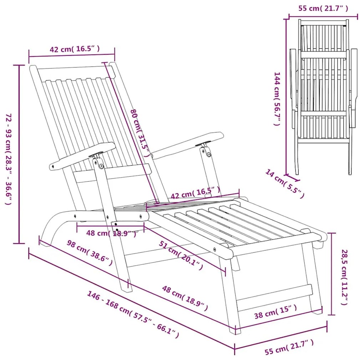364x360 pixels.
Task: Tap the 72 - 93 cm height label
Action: click(8, 159)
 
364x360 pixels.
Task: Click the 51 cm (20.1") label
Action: click(181, 255)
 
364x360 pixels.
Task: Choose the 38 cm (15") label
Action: click(275, 312)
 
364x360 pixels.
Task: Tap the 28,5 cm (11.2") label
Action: click(344, 277)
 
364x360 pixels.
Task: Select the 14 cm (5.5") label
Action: click(285, 184)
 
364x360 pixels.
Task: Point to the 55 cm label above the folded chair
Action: click(323, 9)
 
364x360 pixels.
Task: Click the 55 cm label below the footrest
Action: click(289, 347)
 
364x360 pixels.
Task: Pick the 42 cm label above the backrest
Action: click(75, 49)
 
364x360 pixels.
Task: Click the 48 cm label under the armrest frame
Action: click(111, 233)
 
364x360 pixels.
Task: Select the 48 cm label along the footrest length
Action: click(185, 298)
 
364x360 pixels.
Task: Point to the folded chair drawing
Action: click(324, 97)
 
